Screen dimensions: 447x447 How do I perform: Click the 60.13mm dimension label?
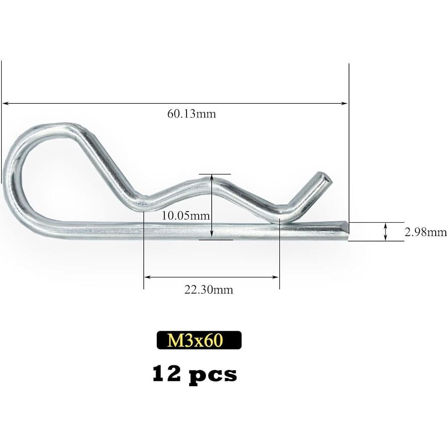[191, 114]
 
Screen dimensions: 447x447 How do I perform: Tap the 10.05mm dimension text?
[186, 216]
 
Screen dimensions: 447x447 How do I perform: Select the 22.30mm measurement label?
[209, 290]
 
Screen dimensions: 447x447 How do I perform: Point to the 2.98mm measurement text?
[425, 232]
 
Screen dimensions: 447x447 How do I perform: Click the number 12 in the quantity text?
[166, 374]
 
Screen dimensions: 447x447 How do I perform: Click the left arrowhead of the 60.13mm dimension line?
[5, 103]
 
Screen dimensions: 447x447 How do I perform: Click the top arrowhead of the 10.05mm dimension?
[211, 177]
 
